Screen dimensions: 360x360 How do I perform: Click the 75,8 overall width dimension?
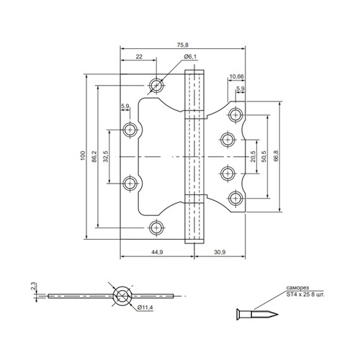point(183,45)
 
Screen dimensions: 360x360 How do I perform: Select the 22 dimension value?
point(139,57)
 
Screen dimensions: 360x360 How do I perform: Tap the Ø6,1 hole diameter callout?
point(190,57)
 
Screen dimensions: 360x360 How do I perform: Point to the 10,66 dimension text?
point(237,76)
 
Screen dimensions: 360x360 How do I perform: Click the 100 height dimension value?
point(83,156)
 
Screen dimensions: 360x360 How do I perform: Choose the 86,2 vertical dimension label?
point(94,156)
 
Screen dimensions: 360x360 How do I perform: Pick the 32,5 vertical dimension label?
point(106,156)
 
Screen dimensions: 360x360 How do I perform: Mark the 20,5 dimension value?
point(253,156)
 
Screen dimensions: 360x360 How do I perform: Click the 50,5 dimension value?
point(264,156)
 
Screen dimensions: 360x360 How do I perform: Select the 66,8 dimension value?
point(276,156)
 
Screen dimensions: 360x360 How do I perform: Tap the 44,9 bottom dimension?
point(157,252)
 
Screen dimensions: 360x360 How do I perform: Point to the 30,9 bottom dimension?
point(220,252)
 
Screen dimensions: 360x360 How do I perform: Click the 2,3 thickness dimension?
point(34,287)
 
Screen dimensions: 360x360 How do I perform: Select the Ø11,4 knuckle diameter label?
point(145,307)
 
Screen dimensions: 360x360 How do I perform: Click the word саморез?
point(297,287)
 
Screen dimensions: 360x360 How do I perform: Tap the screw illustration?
point(257,314)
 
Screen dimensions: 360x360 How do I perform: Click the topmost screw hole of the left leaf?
point(156,85)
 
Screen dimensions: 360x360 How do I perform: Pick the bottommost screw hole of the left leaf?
point(156,228)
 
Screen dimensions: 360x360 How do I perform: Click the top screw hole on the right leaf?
point(235,115)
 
